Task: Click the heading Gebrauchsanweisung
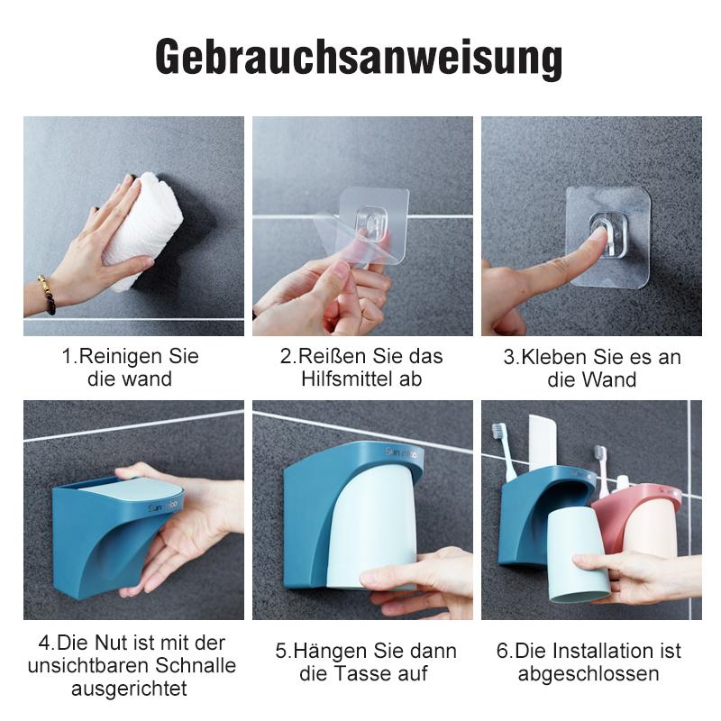tap(360, 58)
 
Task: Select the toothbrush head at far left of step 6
tap(498, 434)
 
